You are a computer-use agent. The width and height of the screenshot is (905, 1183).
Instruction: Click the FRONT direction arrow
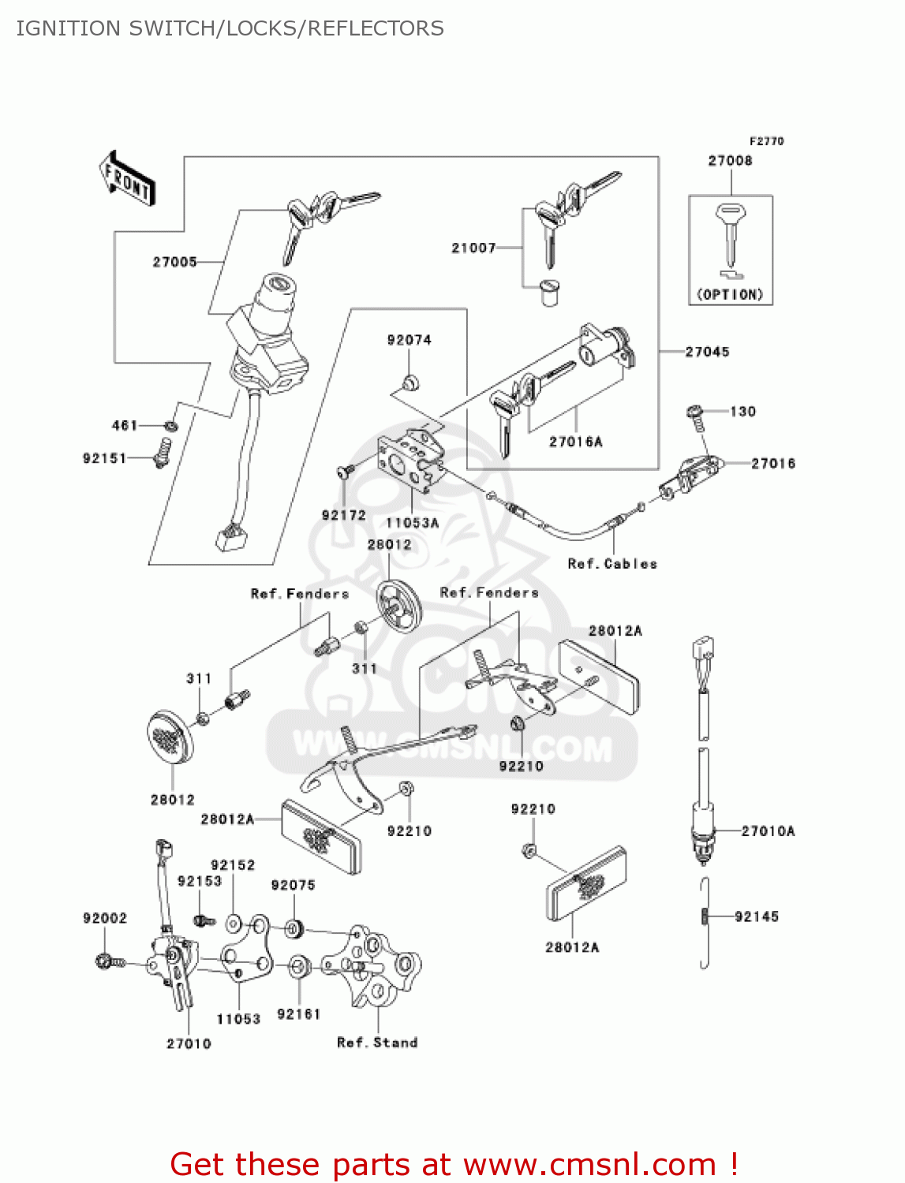[x=127, y=179]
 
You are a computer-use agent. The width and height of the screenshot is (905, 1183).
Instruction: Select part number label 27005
[x=174, y=262]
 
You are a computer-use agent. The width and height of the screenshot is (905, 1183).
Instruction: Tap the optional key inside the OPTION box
[x=730, y=234]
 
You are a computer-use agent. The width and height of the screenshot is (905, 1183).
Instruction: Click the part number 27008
[x=730, y=161]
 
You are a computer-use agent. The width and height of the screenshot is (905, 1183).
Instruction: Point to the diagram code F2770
[x=766, y=141]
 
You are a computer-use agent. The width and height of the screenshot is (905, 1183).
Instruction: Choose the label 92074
[x=409, y=340]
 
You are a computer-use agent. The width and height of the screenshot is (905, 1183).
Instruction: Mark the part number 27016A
[x=575, y=442]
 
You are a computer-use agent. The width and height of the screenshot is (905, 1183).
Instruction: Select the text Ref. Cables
[x=612, y=564]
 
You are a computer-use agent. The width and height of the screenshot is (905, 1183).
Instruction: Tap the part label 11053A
[x=412, y=523]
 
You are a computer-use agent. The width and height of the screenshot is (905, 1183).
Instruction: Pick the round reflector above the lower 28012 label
[x=170, y=737]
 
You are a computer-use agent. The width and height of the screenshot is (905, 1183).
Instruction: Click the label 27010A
[x=768, y=830]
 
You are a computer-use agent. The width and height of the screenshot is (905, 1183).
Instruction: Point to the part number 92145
[x=756, y=916]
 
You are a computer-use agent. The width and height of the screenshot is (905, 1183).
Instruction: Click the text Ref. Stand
[x=377, y=1043]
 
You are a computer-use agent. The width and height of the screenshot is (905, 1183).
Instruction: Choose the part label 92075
[x=293, y=885]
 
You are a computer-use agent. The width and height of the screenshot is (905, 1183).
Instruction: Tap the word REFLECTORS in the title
[x=376, y=28]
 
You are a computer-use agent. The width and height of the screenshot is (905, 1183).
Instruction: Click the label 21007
[x=473, y=248]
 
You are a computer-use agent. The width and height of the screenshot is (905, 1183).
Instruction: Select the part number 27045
[x=707, y=352]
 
